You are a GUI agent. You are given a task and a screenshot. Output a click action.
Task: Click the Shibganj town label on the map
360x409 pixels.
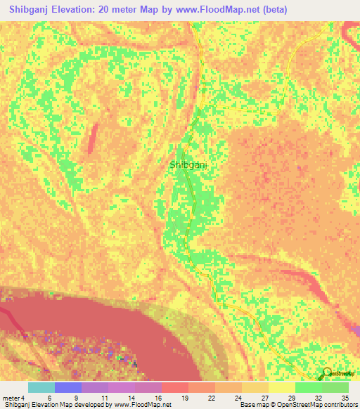coord(191,164)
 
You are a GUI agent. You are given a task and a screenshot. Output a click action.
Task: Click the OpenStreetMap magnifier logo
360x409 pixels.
coord(328,373)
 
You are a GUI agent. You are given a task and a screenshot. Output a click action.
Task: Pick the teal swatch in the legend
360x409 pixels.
coord(41,387)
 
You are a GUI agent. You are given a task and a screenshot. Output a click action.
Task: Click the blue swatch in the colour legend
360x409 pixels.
coord(68,387)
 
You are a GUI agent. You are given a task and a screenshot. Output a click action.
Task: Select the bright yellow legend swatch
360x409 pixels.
coord(282,387)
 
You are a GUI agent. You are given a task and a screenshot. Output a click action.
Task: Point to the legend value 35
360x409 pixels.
coord(344,397)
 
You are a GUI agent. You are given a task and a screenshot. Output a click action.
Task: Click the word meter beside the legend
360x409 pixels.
coord(11,397)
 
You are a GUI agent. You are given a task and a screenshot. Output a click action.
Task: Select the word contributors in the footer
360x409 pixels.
coord(335,405)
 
